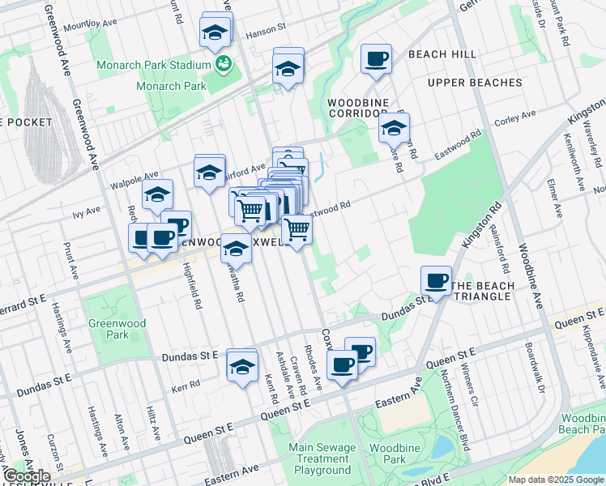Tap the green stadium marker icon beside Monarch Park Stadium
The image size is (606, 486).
pos(223,63)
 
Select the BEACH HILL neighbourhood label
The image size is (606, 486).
pos(442,54)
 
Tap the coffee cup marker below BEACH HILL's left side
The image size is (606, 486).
pos(376,59)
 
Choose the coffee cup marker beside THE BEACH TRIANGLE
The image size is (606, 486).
pos(436,281)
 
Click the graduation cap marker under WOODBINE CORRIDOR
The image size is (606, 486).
pos(394,128)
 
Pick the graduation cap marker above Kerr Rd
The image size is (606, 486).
pos(241,365)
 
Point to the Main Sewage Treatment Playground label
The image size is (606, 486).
pos(322,458)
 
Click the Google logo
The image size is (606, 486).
pos(26,476)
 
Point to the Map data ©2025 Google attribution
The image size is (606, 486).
pos(554,480)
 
